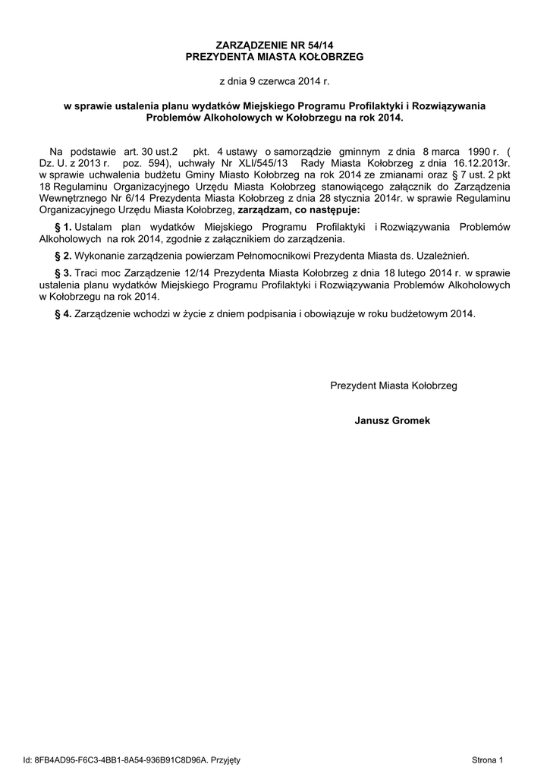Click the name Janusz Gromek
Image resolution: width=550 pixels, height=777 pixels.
click(392, 420)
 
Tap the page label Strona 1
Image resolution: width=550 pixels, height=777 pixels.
click(487, 760)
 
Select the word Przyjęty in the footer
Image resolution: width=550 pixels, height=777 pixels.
click(225, 760)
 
